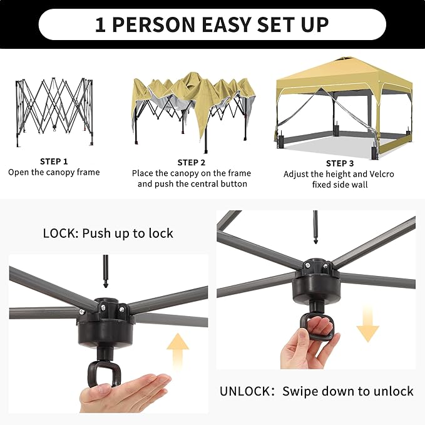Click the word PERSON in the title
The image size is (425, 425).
[x=153, y=24]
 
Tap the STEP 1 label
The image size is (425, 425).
[x=54, y=161]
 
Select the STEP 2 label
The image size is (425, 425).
[x=192, y=163]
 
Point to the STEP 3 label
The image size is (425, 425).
[x=340, y=163]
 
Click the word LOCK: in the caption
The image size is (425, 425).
[x=61, y=233]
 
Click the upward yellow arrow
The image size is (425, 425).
[x=178, y=352]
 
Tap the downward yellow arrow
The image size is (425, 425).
[x=367, y=323]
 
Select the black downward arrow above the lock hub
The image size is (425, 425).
[x=105, y=271]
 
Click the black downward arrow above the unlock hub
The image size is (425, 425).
[x=315, y=227]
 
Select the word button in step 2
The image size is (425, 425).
[x=233, y=184]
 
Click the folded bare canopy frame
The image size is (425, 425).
[x=54, y=112]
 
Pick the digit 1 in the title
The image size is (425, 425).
[x=100, y=24]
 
